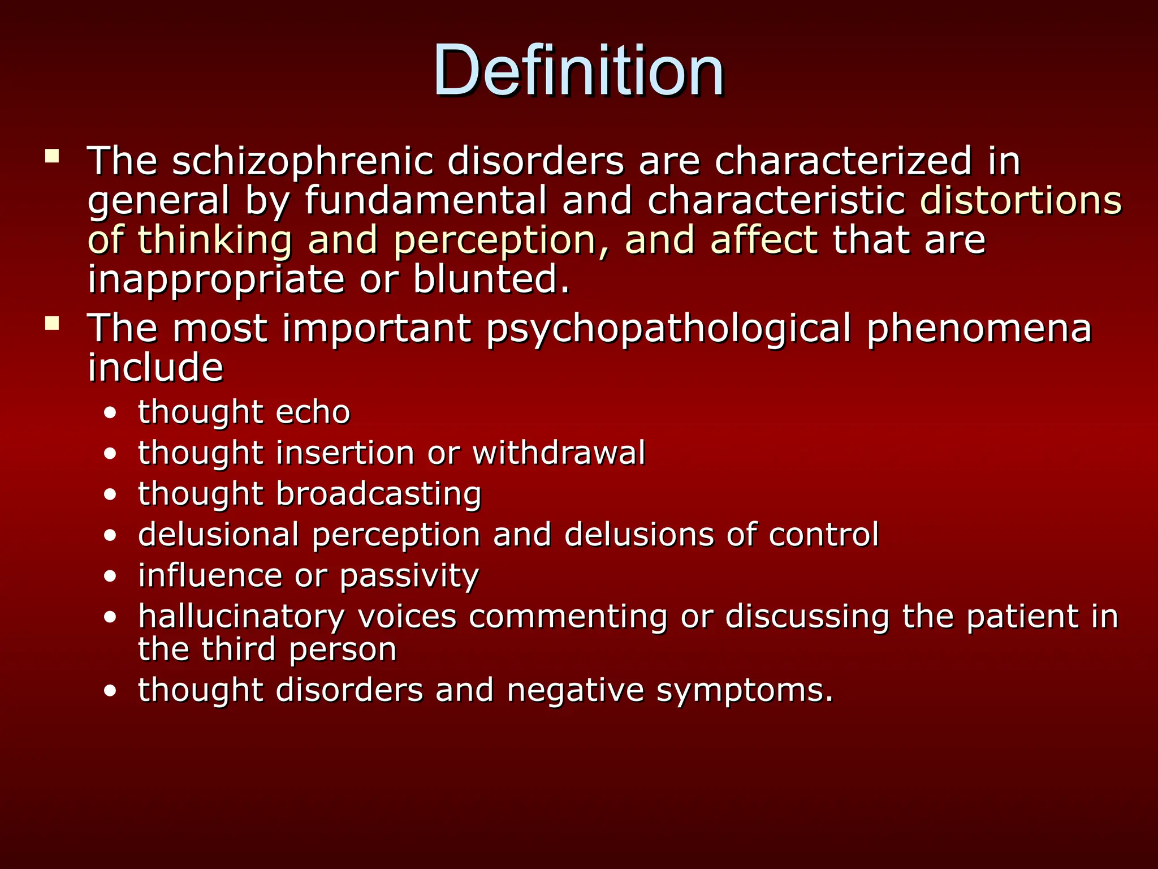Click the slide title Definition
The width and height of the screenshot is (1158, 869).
tap(578, 71)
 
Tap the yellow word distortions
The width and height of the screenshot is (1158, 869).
tap(1021, 201)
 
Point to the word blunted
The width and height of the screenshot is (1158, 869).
tap(491, 279)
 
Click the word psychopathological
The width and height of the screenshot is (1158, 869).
tap(668, 329)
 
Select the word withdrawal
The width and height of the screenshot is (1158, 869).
tap(559, 453)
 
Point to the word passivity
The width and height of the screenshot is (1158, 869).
tap(409, 577)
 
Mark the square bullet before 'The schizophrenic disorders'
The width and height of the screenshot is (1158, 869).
tap(53, 156)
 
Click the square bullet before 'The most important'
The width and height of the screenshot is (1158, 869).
tap(53, 323)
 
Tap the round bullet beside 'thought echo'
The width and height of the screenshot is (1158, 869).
tap(111, 413)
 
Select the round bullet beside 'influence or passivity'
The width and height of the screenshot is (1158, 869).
tap(111, 577)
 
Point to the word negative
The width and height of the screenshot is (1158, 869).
tap(575, 691)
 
